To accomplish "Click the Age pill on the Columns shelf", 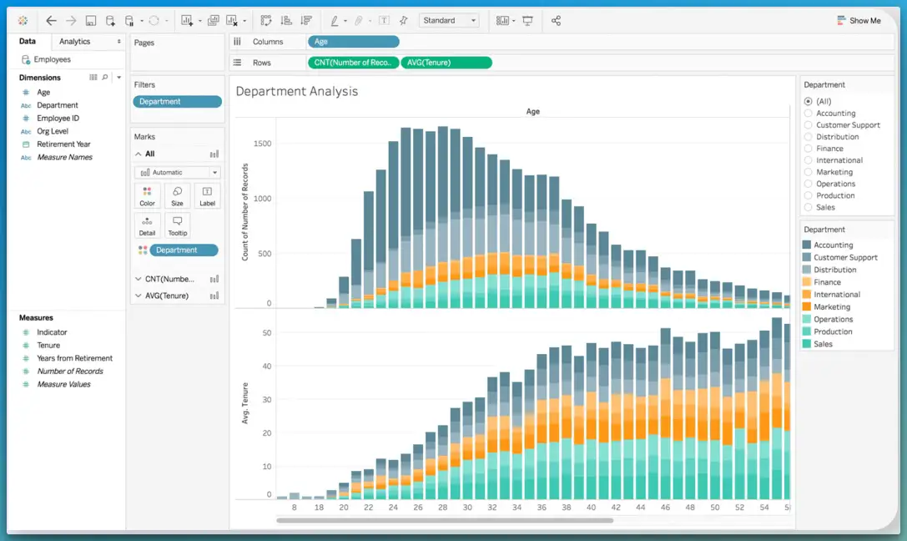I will [353, 42].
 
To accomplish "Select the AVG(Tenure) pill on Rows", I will [446, 63].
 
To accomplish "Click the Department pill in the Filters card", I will [177, 102].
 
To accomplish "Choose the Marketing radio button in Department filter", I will [808, 172].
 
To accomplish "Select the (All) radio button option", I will [808, 101].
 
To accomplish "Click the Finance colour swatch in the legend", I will [807, 282].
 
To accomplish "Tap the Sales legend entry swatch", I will [807, 344].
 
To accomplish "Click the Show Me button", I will [859, 21].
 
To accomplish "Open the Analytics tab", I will [75, 42].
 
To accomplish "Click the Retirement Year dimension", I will [63, 144].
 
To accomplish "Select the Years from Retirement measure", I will [74, 358].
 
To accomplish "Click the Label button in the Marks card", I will [207, 196].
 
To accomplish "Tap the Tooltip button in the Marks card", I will [177, 225].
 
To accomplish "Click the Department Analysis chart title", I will [297, 92].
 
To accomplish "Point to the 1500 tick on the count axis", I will [262, 144].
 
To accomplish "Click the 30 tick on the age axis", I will [467, 508].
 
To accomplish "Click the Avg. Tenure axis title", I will [246, 404].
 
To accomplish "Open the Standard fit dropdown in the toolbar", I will [449, 21].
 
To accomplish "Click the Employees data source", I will [52, 59].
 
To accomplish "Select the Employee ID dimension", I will [58, 119].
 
